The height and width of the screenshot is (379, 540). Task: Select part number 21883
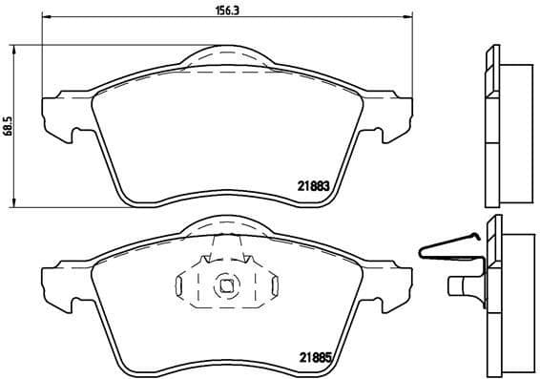tap(314, 188)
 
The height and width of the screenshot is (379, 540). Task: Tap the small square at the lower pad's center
tap(226, 284)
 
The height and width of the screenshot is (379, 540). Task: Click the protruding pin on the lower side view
tap(462, 284)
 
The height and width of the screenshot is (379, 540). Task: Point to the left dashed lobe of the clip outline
tap(187, 284)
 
